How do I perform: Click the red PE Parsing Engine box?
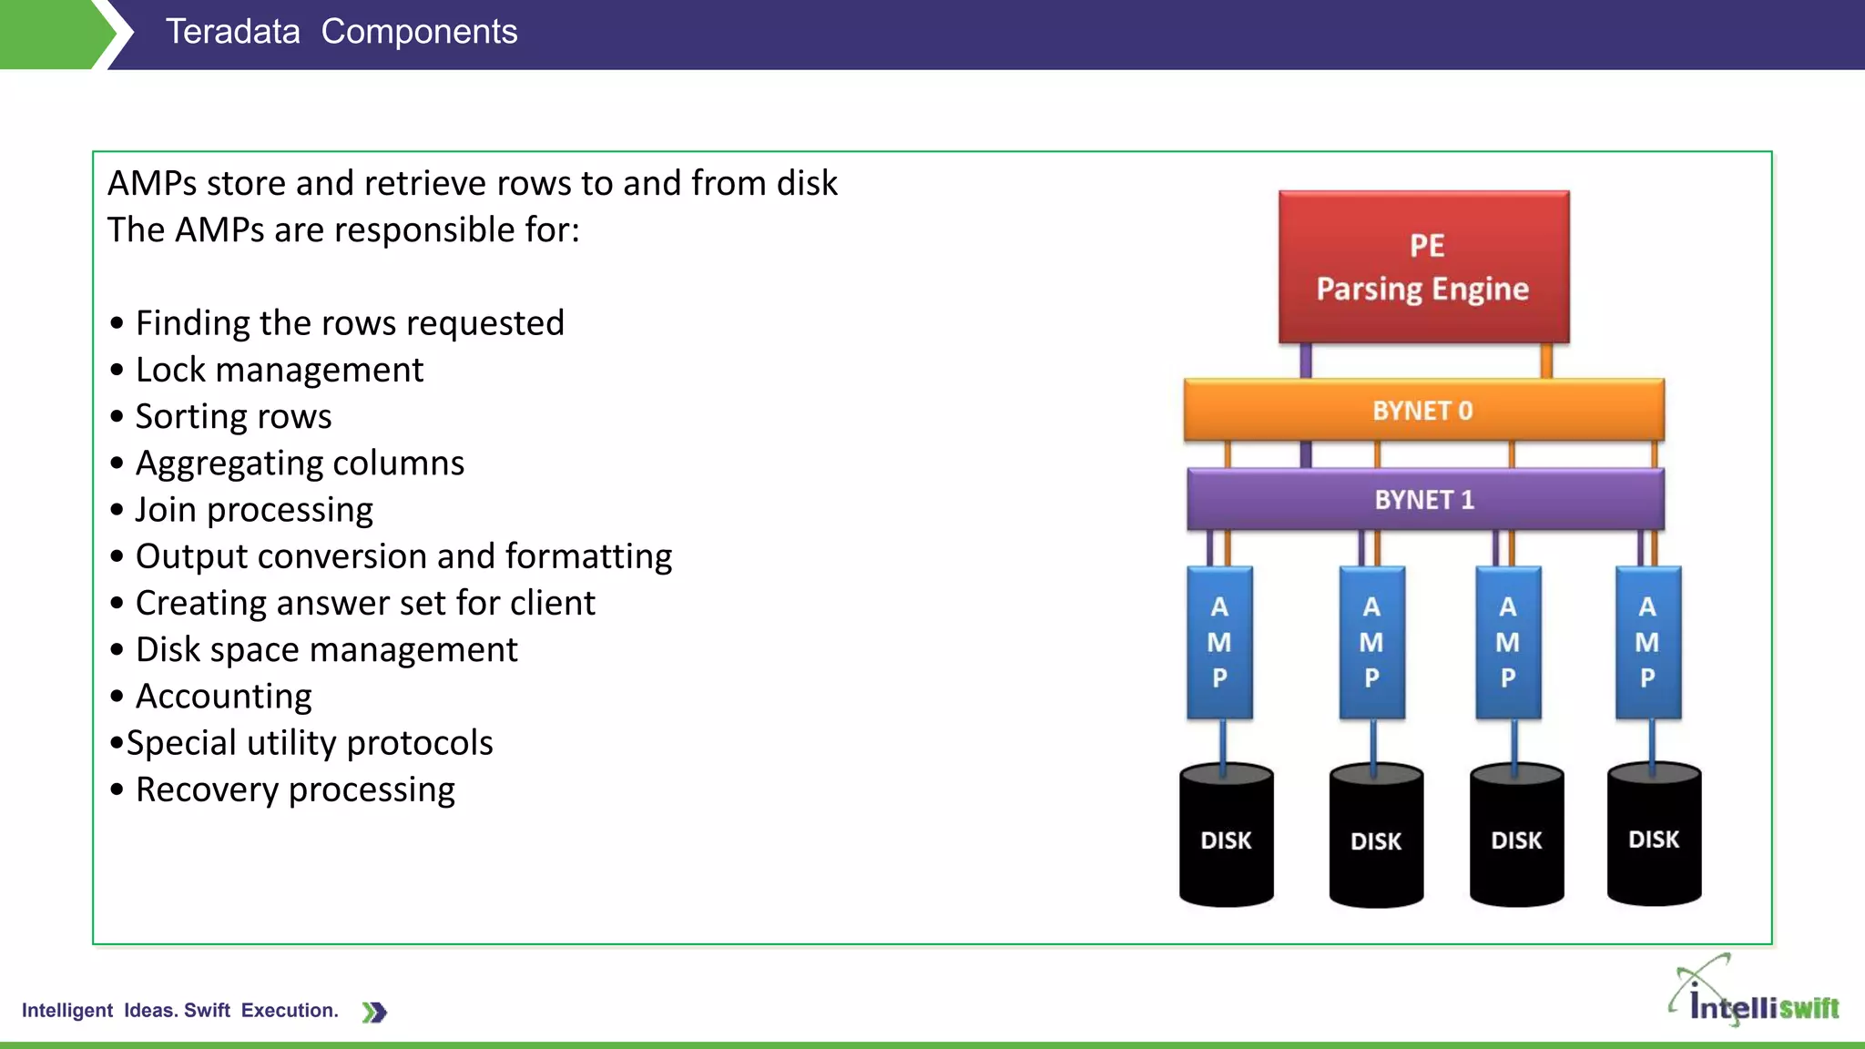[x=1423, y=267]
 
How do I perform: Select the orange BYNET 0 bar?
[x=1423, y=410]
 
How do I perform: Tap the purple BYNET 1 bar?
[x=1425, y=499]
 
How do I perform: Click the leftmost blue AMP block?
[x=1219, y=642]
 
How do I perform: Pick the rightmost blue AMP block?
[x=1647, y=642]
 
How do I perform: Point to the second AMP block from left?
[x=1371, y=642]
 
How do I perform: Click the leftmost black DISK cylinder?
[x=1226, y=838]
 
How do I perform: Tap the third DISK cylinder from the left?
[x=1516, y=838]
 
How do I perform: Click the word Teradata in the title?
[x=232, y=32]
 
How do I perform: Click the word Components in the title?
[x=419, y=32]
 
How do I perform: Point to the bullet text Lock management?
[x=279, y=370]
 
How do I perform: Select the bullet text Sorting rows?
[x=233, y=416]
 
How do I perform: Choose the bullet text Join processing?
[x=254, y=510]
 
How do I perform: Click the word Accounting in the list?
[x=223, y=697]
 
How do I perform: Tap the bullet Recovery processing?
[x=294, y=789]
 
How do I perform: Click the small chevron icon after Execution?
[x=374, y=1012]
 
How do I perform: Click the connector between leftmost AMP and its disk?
[x=1222, y=743]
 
